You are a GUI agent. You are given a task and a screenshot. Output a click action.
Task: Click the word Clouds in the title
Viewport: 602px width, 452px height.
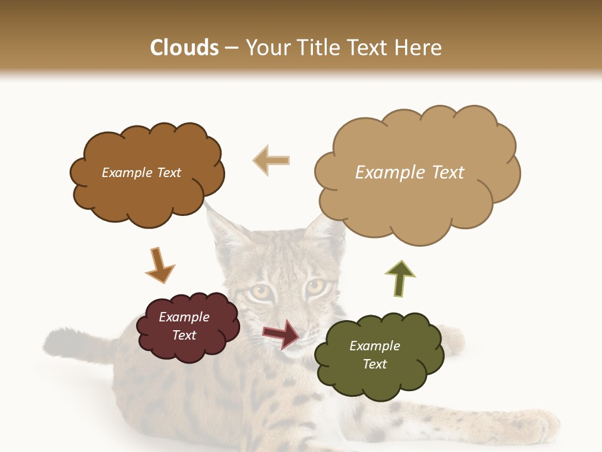tap(184, 48)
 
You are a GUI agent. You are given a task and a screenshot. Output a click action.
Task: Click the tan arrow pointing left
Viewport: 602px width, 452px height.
tap(272, 160)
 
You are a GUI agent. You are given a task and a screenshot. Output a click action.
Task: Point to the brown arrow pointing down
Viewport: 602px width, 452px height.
tap(159, 265)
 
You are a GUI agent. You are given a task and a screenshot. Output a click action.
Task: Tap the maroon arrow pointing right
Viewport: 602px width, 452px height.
tap(282, 333)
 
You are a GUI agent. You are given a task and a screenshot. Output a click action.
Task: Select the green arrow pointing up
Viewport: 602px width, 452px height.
tap(399, 278)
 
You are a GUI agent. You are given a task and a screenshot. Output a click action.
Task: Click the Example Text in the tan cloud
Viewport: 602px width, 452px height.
tap(409, 173)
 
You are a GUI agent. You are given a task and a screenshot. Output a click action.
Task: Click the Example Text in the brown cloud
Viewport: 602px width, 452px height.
tap(141, 173)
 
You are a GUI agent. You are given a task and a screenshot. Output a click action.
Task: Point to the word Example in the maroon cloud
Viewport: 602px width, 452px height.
tap(184, 317)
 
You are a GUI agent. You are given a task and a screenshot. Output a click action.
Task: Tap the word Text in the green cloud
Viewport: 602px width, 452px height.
tap(374, 364)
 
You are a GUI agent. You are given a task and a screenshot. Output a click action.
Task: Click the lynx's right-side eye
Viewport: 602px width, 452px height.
tap(315, 287)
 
